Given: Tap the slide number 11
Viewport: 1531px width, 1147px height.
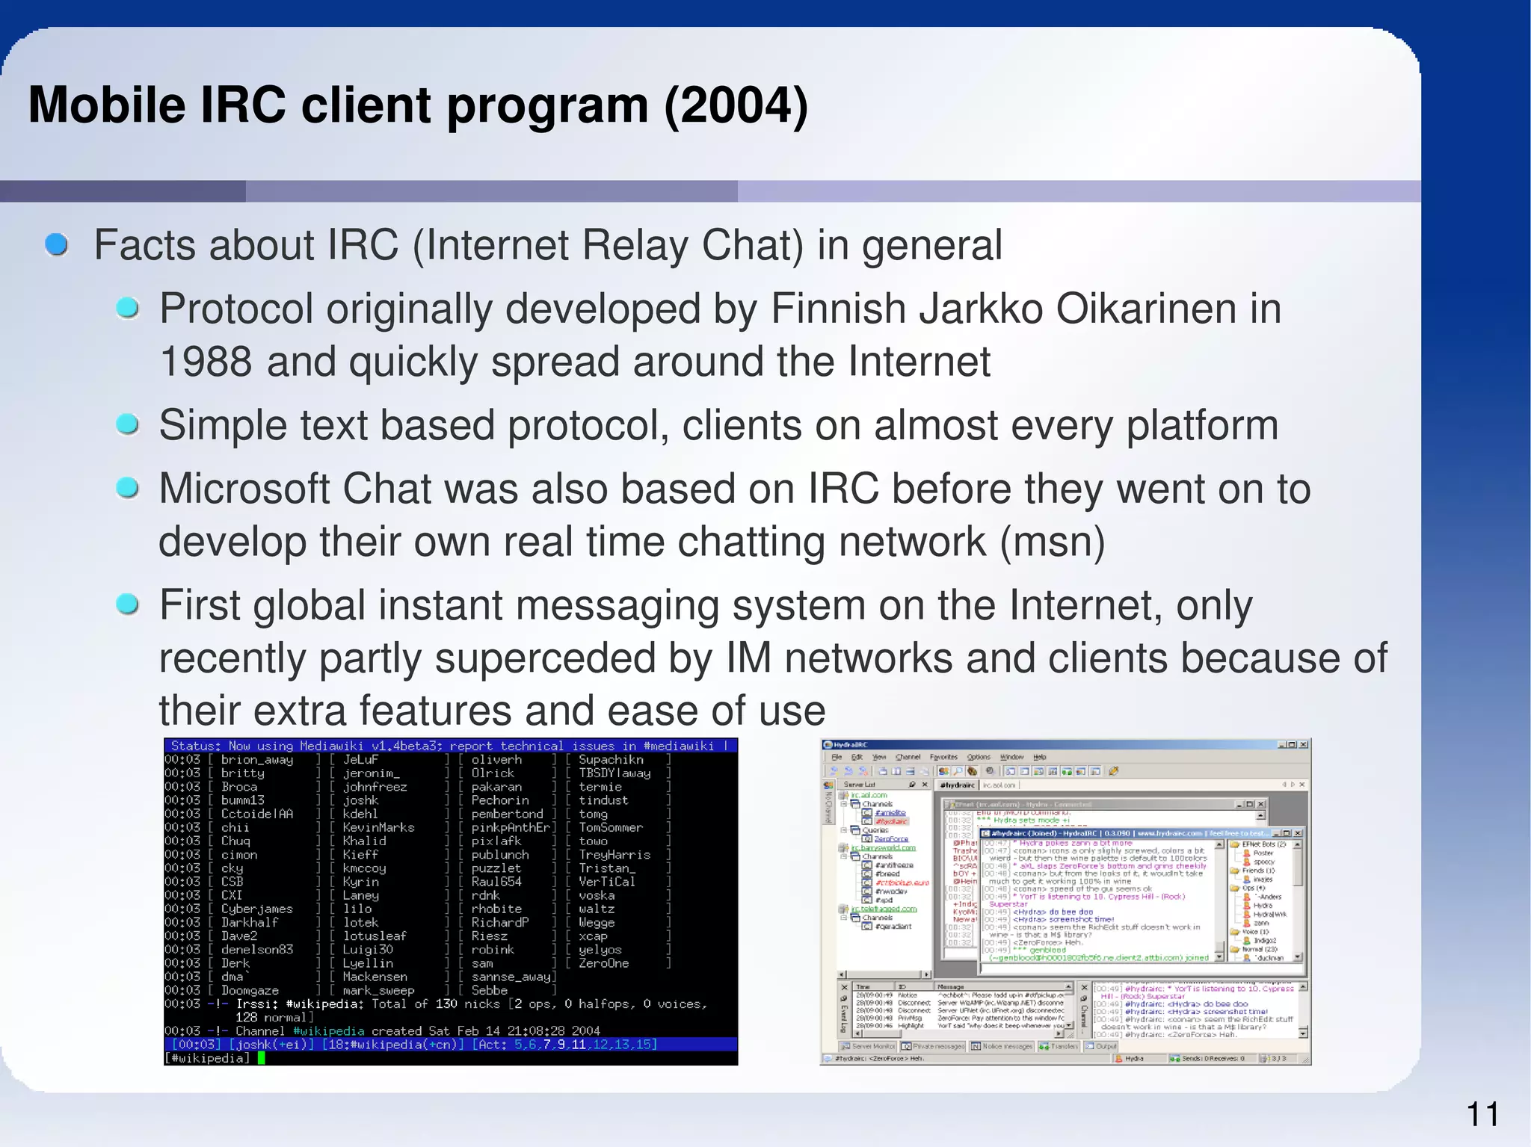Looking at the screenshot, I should click(1482, 1115).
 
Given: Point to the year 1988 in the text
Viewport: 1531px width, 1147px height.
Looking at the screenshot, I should click(206, 362).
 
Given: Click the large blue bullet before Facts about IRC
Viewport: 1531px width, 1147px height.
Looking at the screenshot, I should click(57, 244).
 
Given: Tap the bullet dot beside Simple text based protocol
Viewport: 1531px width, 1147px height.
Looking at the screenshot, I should click(128, 424).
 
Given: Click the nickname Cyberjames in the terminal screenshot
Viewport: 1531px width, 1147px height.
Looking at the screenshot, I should click(256, 909).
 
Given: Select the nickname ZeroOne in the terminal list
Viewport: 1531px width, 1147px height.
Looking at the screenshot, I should click(603, 963).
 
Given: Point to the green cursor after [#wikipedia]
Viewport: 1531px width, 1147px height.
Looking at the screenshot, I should click(262, 1058).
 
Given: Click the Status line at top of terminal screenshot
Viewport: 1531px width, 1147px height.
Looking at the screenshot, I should click(449, 746).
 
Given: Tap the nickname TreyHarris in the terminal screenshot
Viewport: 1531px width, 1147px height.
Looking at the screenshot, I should click(614, 854).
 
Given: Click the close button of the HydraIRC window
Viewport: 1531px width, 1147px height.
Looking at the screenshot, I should click(1304, 745).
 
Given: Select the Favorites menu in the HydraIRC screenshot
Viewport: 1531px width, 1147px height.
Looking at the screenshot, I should click(943, 757).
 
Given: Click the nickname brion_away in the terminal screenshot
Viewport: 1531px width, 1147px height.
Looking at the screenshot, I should click(256, 759).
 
